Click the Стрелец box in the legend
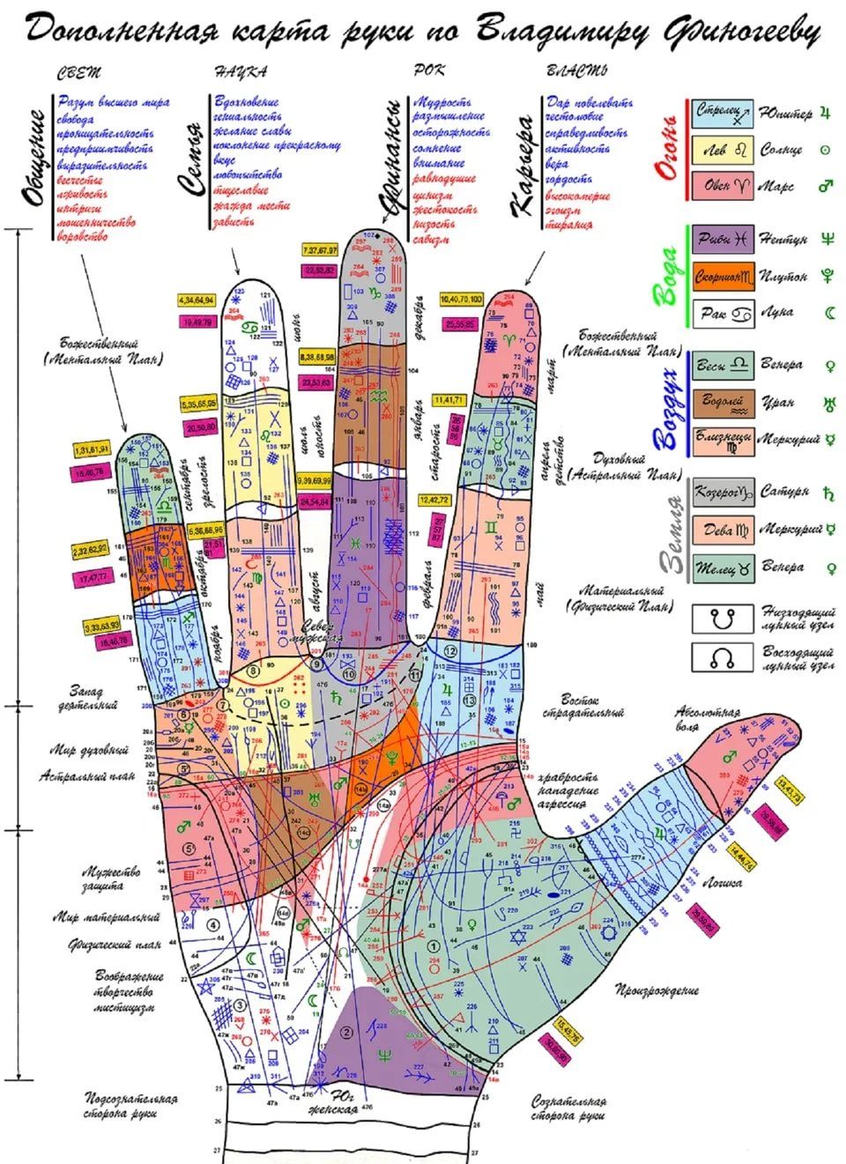pyautogui.click(x=722, y=114)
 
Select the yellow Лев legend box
pyautogui.click(x=722, y=151)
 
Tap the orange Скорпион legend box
pyautogui.click(x=722, y=276)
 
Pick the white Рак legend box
pyautogui.click(x=722, y=313)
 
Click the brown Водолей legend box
pyautogui.click(x=722, y=402)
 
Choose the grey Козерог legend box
pyautogui.click(x=722, y=493)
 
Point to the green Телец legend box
pyautogui.click(x=722, y=567)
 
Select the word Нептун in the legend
pyautogui.click(x=783, y=239)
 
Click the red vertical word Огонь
pyautogui.click(x=669, y=150)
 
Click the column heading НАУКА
pyautogui.click(x=241, y=71)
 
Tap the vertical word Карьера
pyautogui.click(x=525, y=167)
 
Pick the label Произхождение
pyautogui.click(x=657, y=990)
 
